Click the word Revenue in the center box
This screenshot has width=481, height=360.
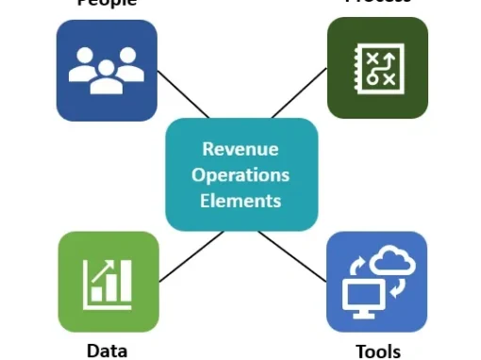point(240,149)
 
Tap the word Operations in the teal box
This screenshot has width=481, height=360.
point(240,174)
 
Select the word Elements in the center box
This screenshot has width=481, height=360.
point(240,200)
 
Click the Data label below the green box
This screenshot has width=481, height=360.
point(107,351)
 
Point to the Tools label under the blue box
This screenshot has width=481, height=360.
point(377,352)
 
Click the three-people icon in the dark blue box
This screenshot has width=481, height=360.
point(107,72)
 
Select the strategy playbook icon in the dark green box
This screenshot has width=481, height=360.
point(377,68)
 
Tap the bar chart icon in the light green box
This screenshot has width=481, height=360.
point(108,283)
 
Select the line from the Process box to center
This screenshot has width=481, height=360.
point(299,95)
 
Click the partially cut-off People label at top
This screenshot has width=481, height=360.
point(106,4)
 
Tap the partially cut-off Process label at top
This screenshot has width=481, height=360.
point(377,3)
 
